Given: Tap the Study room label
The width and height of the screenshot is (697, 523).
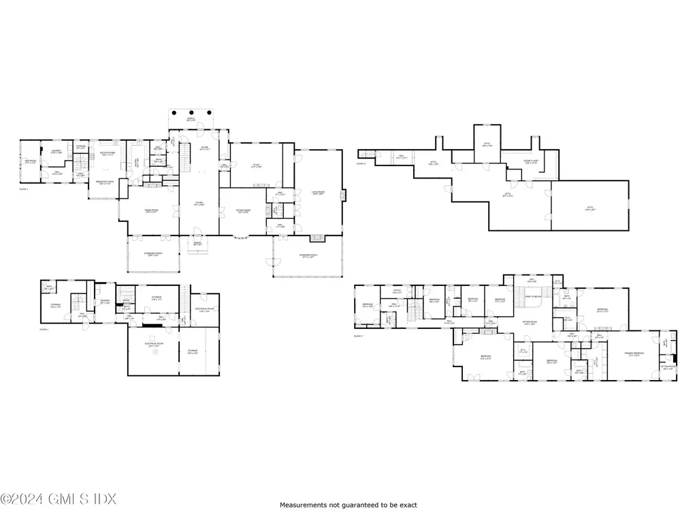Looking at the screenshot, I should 257,165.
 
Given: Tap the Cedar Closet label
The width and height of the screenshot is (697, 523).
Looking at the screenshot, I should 532,161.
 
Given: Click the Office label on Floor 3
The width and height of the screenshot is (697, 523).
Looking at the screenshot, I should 397,291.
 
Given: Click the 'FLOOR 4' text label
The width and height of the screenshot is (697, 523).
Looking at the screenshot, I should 361,163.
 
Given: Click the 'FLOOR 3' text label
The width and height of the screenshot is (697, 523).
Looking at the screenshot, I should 358,336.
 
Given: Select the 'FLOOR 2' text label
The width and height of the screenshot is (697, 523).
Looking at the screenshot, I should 24,189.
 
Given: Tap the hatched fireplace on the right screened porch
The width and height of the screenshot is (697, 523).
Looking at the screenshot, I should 315,239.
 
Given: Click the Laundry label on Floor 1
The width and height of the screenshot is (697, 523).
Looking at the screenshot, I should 106,302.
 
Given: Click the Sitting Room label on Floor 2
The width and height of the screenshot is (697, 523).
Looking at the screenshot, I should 242,211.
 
